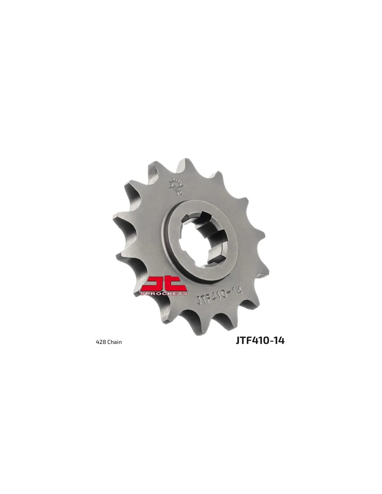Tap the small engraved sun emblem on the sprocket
[176, 187]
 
